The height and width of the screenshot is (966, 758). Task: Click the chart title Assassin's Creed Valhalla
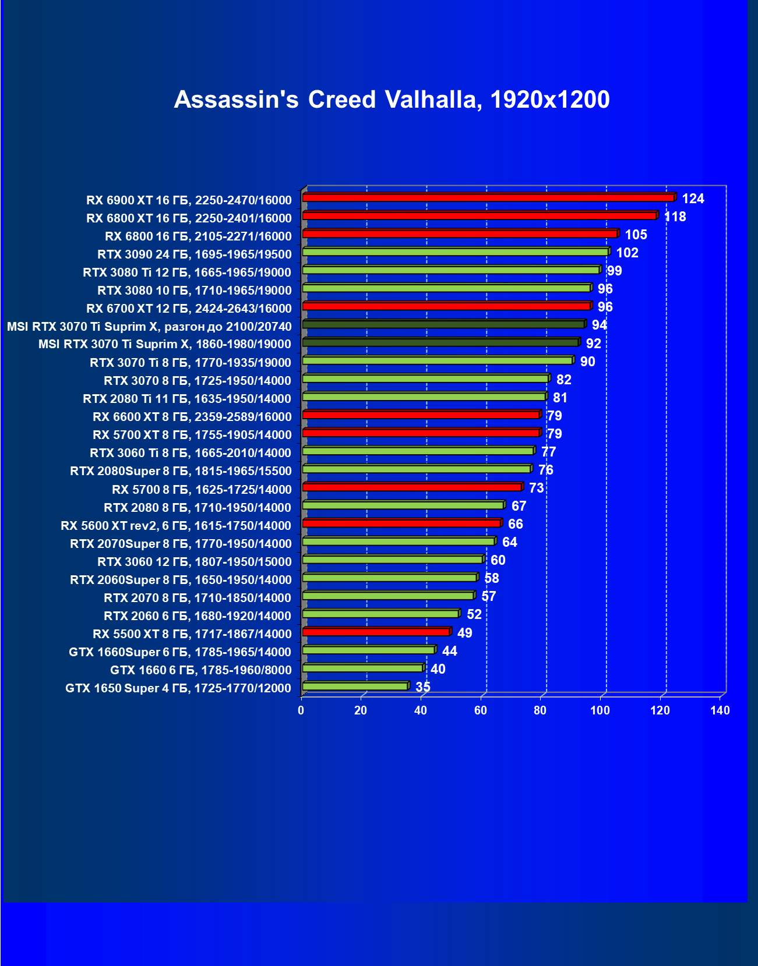[392, 100]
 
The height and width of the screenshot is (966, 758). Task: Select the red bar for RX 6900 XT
[488, 198]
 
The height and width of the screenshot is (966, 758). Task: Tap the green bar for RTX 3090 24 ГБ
[455, 252]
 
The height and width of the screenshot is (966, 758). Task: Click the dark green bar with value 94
[443, 324]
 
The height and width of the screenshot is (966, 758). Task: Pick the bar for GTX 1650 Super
[355, 687]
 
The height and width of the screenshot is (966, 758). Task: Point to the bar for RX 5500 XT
[376, 632]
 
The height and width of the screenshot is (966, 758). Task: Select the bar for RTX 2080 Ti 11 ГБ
[424, 397]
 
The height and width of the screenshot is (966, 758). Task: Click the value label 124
[693, 199]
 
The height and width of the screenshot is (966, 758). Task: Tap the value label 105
[636, 235]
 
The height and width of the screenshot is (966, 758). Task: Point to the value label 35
[422, 687]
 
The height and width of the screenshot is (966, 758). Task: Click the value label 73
[536, 488]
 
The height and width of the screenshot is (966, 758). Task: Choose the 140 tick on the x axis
[720, 710]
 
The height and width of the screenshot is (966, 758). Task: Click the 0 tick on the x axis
[301, 710]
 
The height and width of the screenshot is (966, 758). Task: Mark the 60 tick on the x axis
[481, 710]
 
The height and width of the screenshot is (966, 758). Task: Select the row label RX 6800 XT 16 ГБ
[189, 218]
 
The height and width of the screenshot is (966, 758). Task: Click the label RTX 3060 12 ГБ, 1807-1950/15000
[194, 562]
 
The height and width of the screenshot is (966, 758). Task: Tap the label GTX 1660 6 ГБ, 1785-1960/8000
[200, 670]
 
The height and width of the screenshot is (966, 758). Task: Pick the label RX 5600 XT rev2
[175, 526]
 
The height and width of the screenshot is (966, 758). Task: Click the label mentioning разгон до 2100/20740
[149, 327]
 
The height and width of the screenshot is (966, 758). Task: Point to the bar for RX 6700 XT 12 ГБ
[446, 306]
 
